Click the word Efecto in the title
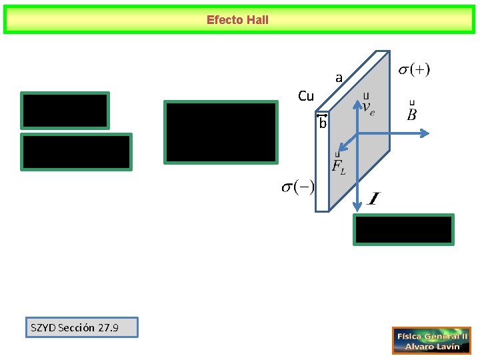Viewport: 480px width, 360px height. (x=225, y=20)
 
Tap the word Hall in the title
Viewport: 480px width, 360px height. (x=257, y=20)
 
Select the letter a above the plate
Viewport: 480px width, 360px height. (x=339, y=78)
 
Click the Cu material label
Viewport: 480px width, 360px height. (x=306, y=97)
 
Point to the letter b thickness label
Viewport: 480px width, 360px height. (x=323, y=124)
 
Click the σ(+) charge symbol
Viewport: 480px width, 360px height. (x=414, y=69)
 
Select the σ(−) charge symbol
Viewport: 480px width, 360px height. (x=298, y=187)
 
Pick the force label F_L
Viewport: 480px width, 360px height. (x=338, y=166)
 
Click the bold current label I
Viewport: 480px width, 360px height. (x=374, y=199)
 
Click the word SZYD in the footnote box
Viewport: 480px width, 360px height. (x=44, y=327)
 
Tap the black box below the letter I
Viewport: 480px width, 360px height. (x=404, y=229)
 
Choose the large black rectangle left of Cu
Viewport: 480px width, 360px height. (x=221, y=132)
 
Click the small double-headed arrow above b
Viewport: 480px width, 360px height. (x=323, y=116)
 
